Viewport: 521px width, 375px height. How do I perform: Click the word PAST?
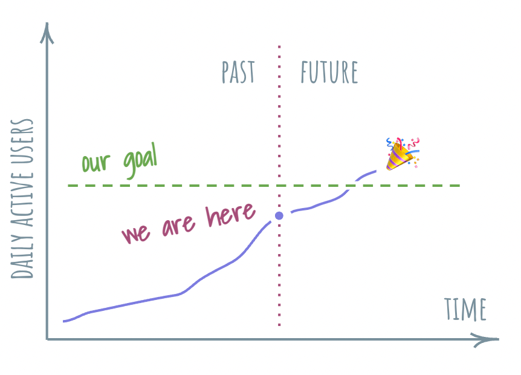pos(238,73)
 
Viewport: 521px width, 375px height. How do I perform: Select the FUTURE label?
pos(329,73)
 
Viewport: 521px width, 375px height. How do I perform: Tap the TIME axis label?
pos(465,310)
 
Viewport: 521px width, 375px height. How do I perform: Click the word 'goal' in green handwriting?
pos(139,161)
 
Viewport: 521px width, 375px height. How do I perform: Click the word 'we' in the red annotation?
pos(137,233)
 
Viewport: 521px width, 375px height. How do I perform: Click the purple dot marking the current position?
pos(279,216)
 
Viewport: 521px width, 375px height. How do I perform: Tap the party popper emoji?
pos(402,154)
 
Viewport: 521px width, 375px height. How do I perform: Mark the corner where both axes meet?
pos(47,339)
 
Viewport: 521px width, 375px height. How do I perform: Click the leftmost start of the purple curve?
pos(64,321)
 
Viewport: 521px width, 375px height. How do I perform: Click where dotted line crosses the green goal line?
pos(279,185)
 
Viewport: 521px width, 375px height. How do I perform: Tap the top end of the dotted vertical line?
pos(279,46)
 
